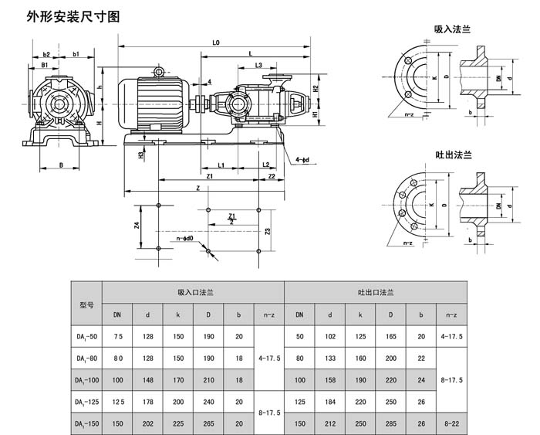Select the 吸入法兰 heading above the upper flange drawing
pos(453,29)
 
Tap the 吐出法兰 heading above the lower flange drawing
pos(453,155)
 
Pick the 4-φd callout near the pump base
pos(303,160)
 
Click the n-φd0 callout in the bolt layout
pos(185,240)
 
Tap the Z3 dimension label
pos(267,230)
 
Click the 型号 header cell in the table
pos(86,304)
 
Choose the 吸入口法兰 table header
pos(194,294)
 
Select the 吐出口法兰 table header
pos(376,294)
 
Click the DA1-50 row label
pos(86,337)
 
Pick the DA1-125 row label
pos(86,403)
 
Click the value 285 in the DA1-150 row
pos(390,424)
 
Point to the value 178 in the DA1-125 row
pos(147,403)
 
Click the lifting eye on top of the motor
pos(159,72)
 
